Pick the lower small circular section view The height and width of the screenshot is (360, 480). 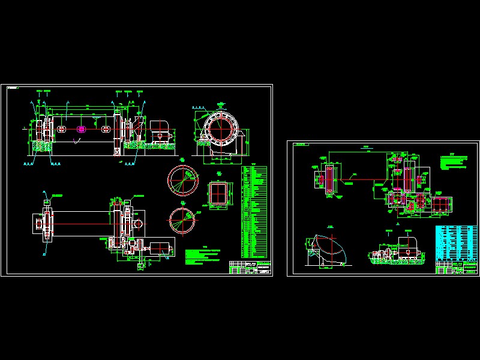tap(182, 220)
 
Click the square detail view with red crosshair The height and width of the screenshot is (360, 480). tap(218, 194)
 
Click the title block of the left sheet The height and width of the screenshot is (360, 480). tap(250, 268)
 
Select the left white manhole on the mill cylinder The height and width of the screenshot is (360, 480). tap(61, 130)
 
